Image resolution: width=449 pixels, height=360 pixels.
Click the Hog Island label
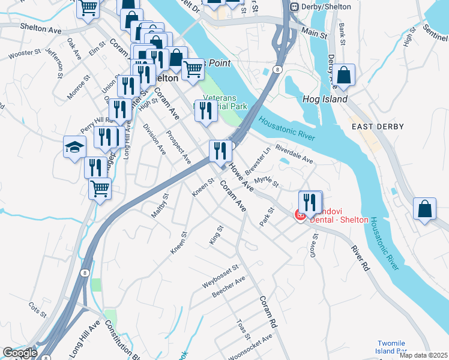point(325,99)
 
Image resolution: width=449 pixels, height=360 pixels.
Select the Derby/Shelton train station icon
point(294,7)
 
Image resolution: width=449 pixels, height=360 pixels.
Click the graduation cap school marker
point(74,148)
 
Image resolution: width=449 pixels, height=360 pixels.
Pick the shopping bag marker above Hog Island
point(344,76)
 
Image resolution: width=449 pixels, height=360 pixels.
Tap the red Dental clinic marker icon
point(299,214)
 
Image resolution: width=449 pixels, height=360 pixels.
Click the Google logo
point(20,353)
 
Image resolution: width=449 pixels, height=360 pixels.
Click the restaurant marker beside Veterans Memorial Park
point(206,111)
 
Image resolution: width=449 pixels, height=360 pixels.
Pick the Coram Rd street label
point(268,311)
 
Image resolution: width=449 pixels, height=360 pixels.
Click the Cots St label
point(38,309)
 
